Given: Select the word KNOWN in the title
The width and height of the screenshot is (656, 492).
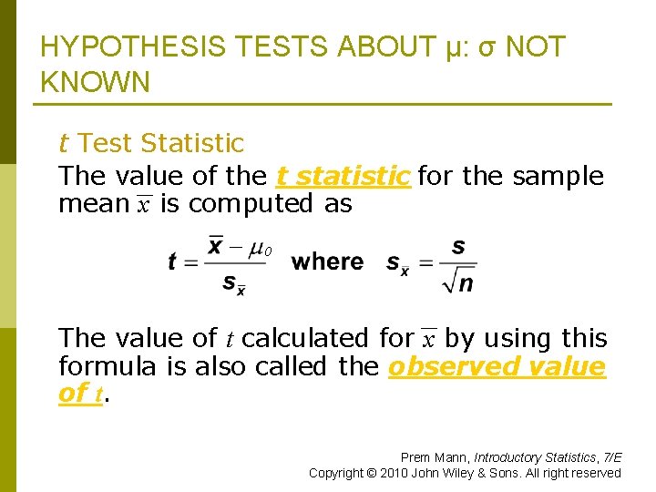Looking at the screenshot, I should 96,83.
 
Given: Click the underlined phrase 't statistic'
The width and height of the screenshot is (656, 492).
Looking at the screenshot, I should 343,176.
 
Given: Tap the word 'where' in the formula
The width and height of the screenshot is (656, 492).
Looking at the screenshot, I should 327,262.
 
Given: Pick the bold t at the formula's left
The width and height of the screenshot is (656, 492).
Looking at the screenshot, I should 172,262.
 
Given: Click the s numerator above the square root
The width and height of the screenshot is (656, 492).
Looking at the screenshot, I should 458,246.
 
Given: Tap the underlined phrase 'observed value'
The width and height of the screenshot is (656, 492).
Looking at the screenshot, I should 497,367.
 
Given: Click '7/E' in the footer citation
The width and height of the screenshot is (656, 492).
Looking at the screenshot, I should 610,456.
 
